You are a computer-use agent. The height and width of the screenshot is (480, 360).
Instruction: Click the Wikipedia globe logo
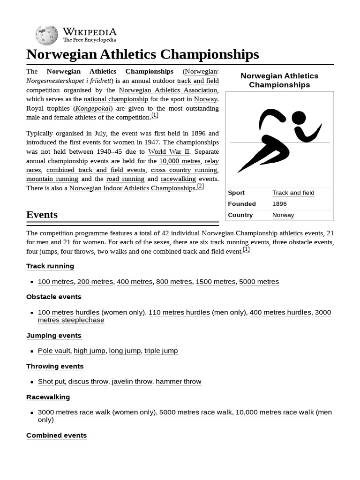click(x=46, y=36)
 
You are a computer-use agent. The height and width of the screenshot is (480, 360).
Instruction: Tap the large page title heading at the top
click(x=142, y=54)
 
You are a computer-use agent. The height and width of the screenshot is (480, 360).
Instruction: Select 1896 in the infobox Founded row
click(x=279, y=204)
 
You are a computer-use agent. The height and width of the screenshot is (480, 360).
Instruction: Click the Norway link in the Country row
click(x=283, y=215)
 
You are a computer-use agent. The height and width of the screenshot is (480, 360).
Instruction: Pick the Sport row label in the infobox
click(x=236, y=193)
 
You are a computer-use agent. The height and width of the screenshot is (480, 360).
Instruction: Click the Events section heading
click(x=42, y=215)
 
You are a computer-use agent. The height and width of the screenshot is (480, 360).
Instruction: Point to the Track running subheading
click(x=50, y=266)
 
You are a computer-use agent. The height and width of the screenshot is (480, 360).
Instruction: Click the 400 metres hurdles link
click(x=280, y=312)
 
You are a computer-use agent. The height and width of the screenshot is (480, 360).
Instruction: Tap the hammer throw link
click(x=179, y=382)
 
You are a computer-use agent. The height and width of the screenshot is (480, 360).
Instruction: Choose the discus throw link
click(x=88, y=382)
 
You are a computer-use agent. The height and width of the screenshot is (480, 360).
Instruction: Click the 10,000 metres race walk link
click(x=275, y=412)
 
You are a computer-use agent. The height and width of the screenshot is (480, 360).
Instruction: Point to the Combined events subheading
click(x=57, y=435)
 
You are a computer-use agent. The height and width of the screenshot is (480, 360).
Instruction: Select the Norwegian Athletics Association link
click(x=168, y=90)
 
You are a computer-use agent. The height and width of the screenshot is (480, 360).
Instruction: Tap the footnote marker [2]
click(x=200, y=186)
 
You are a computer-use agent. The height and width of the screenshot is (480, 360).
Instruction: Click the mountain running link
click(x=52, y=179)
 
